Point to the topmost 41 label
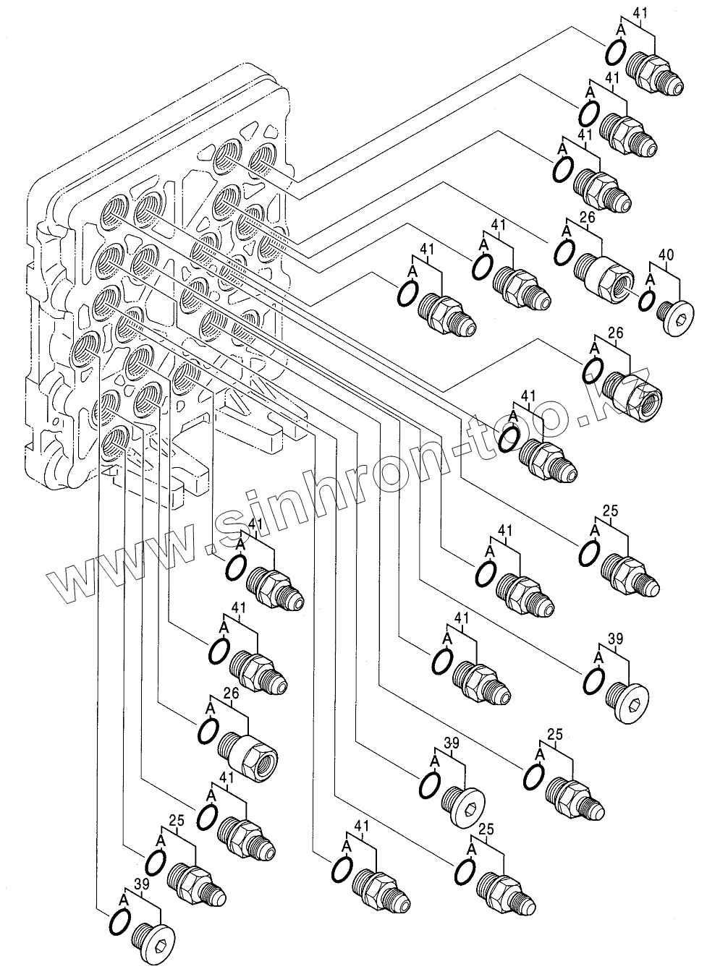(x=640, y=12)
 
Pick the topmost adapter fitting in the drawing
(x=655, y=73)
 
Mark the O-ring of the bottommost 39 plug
(x=119, y=922)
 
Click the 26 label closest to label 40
(x=587, y=216)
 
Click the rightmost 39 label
(x=615, y=639)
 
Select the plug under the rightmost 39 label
(x=628, y=700)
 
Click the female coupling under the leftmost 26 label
(x=246, y=756)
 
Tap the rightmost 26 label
(x=616, y=333)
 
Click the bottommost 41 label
(x=362, y=825)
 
